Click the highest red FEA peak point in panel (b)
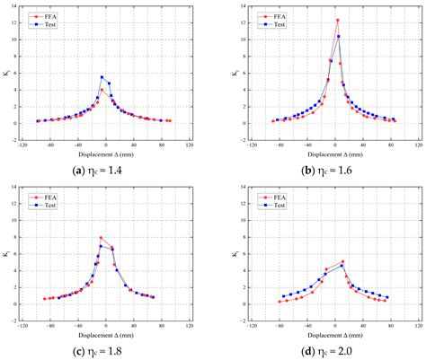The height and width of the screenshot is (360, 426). [337, 20]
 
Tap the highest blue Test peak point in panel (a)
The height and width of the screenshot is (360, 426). [102, 77]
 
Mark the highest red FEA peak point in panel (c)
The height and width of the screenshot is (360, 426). [101, 238]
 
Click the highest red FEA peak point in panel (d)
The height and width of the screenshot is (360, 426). [342, 261]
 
